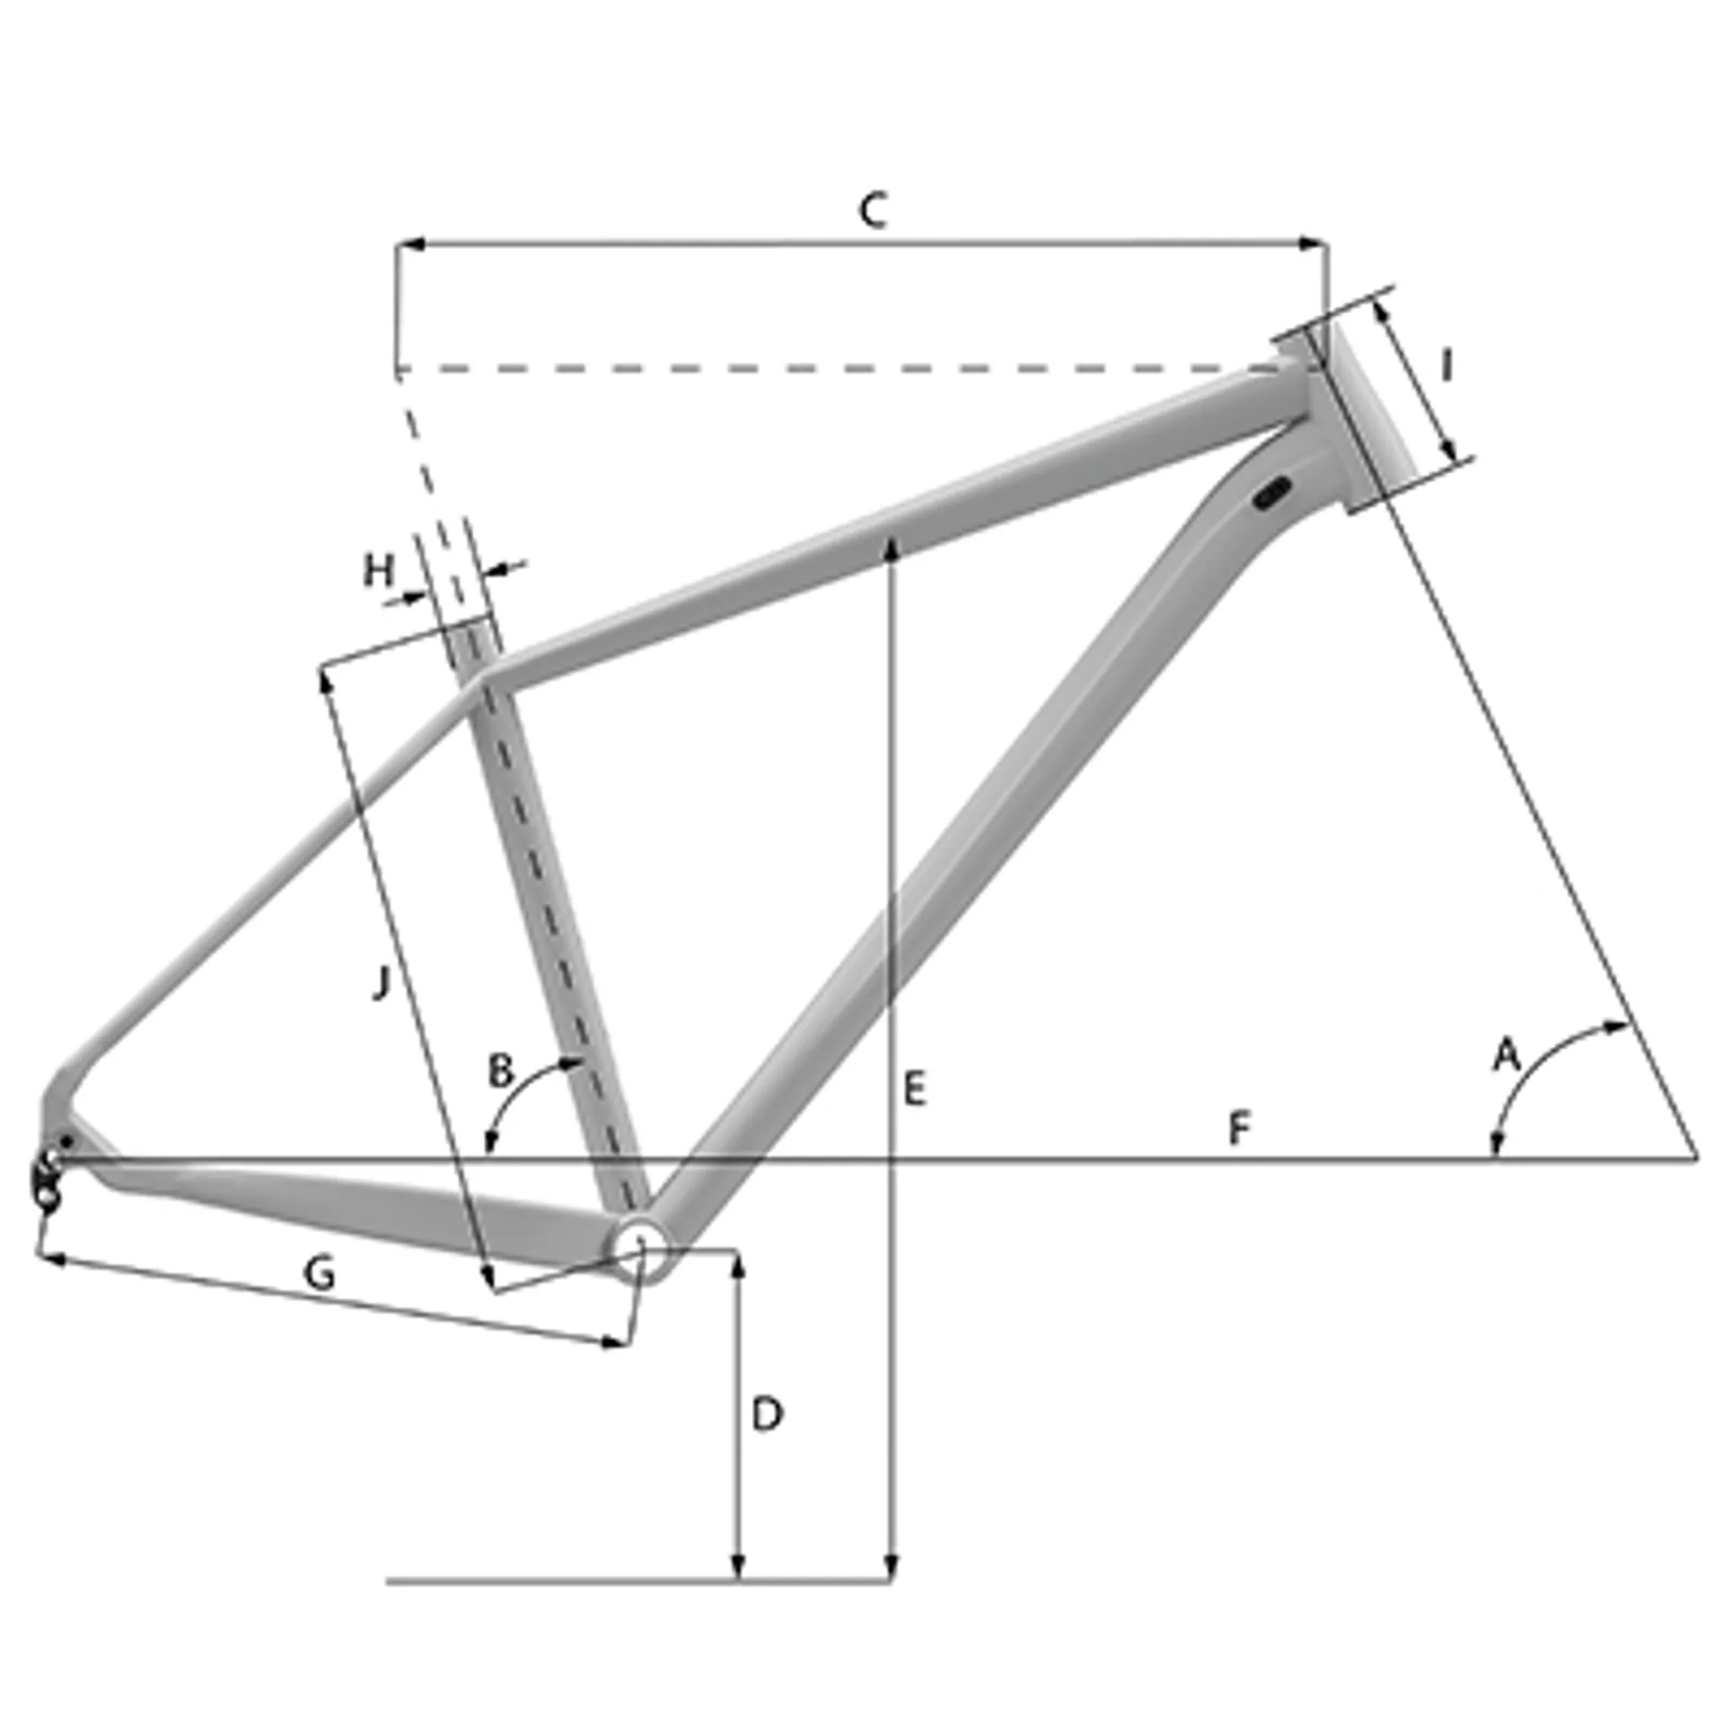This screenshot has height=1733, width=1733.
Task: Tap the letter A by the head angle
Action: click(x=1506, y=1055)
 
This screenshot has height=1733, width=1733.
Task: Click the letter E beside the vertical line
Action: click(x=914, y=1089)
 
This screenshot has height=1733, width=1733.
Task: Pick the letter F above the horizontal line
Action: click(x=1240, y=1128)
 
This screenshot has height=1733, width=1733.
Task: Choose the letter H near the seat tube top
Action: click(x=379, y=570)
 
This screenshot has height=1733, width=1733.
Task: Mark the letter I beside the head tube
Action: click(x=1446, y=366)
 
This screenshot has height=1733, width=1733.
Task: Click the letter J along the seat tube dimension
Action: click(x=382, y=982)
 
